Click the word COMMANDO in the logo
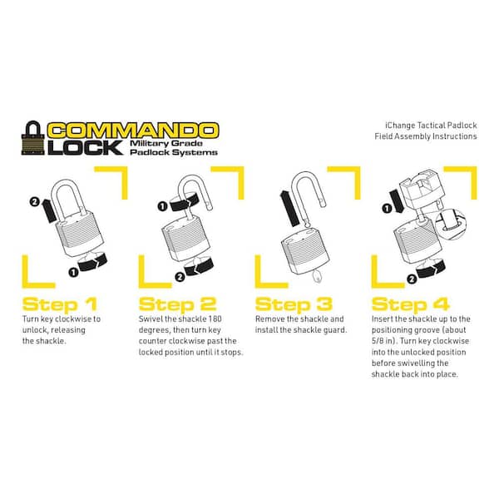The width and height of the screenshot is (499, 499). pos(133,131)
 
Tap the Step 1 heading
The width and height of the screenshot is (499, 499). pos(60,304)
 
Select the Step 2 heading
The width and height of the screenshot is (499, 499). pos(178,304)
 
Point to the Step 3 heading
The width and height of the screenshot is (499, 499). pos(294,304)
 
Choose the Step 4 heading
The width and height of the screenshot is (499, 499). pos(411,304)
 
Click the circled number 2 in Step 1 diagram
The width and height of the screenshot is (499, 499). pos(34,201)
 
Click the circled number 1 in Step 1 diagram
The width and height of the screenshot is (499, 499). pos(73,272)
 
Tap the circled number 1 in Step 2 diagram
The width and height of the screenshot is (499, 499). pos(162,206)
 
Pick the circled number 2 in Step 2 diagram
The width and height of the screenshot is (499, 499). pos(180,277)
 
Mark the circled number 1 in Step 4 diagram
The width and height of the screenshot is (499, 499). pos(387,209)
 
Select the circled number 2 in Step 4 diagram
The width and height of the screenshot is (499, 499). pos(412,279)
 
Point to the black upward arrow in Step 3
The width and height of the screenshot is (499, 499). pos(289,209)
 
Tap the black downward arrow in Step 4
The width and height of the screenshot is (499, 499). pos(397,201)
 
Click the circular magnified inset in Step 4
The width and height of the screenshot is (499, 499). pos(450,224)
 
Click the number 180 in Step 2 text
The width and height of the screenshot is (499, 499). pos(215,319)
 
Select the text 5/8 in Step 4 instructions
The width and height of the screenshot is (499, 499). pos(378,341)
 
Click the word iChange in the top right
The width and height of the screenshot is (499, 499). pos(400,126)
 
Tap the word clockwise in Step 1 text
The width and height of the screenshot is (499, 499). pos(72,319)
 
